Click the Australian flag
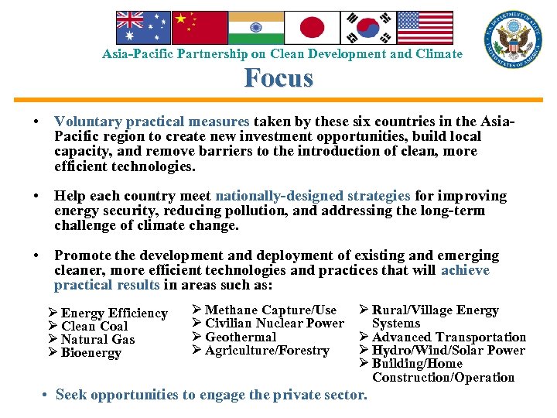(x=143, y=28)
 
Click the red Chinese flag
(x=199, y=28)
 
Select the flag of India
(x=255, y=28)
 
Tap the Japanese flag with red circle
(x=312, y=28)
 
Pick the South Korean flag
(x=367, y=28)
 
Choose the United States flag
(x=423, y=28)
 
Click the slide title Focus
(x=278, y=78)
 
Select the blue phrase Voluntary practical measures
(x=152, y=122)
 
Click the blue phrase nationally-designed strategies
(x=313, y=197)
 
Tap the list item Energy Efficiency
(x=114, y=313)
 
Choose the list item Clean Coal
(x=94, y=327)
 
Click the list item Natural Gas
(x=97, y=340)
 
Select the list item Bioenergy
(x=91, y=353)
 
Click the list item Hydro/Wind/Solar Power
(x=448, y=351)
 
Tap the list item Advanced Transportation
(x=449, y=337)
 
